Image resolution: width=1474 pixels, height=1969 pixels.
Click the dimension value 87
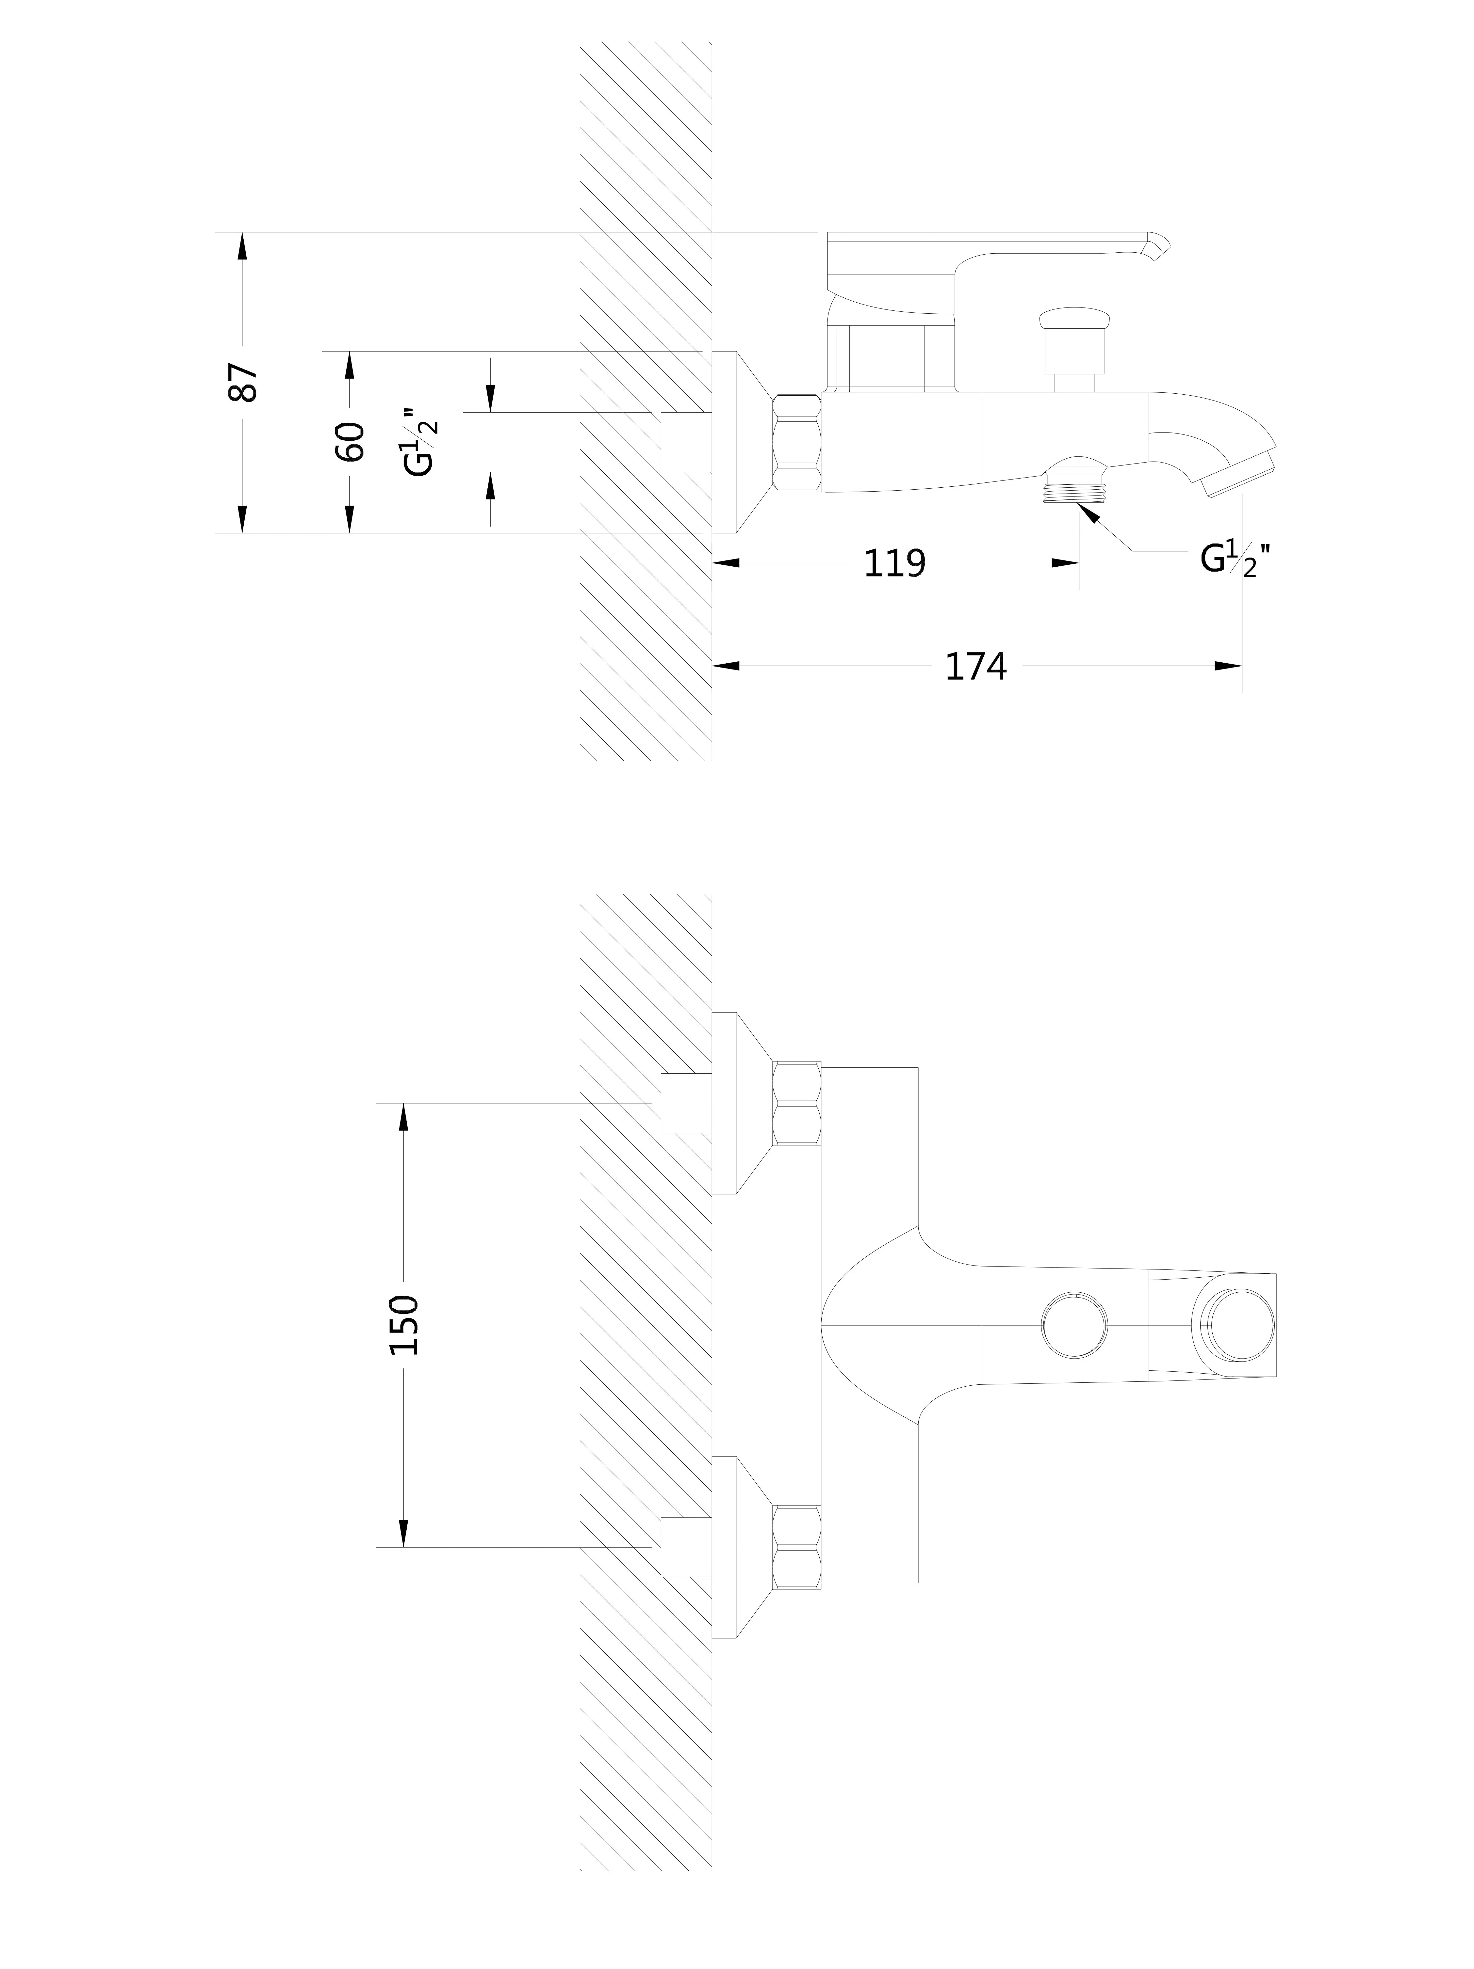pyautogui.click(x=243, y=382)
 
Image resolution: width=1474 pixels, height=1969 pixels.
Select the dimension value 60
pyautogui.click(x=350, y=442)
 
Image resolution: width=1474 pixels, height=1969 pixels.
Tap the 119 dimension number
pyautogui.click(x=895, y=563)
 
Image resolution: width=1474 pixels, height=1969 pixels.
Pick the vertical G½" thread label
pyautogui.click(x=420, y=442)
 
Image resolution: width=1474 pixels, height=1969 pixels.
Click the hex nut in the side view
pyautogui.click(x=796, y=442)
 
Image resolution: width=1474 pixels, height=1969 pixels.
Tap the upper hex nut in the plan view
pyautogui.click(x=796, y=1103)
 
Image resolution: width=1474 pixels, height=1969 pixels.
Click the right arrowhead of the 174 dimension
pyautogui.click(x=1229, y=666)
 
